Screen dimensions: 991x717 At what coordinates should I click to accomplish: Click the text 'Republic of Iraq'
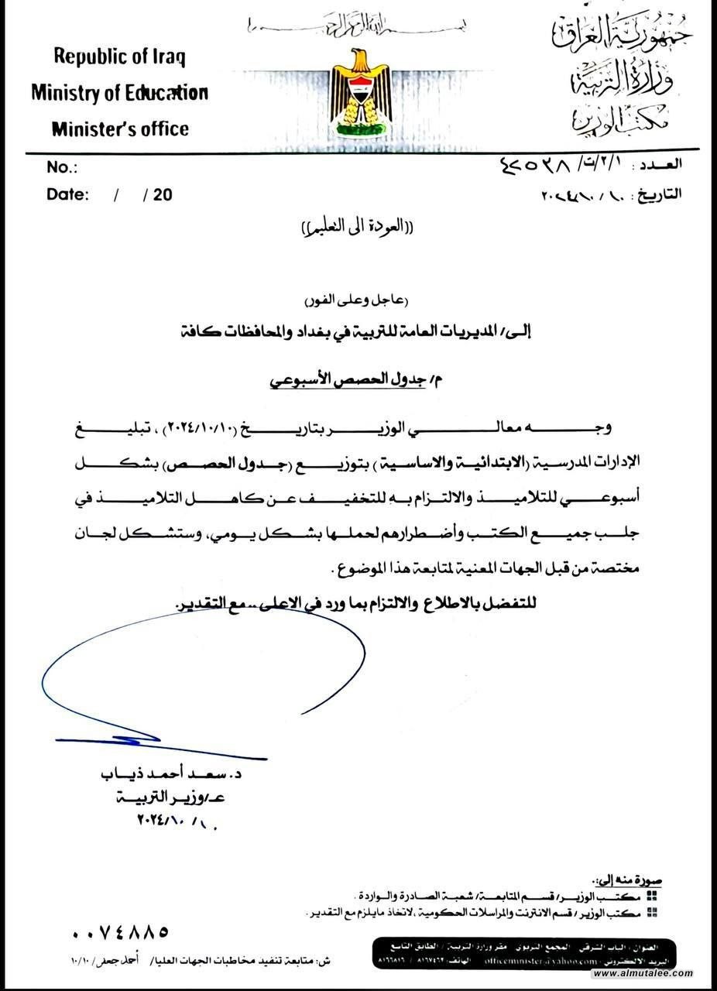119,57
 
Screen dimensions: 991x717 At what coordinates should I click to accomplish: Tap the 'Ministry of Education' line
119,93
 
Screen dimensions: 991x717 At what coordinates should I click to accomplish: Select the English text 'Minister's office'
120,129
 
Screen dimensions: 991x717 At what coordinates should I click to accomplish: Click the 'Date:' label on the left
67,194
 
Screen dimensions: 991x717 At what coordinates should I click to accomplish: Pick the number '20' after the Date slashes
163,194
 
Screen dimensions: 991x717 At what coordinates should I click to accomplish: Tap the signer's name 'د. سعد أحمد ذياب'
171,774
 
